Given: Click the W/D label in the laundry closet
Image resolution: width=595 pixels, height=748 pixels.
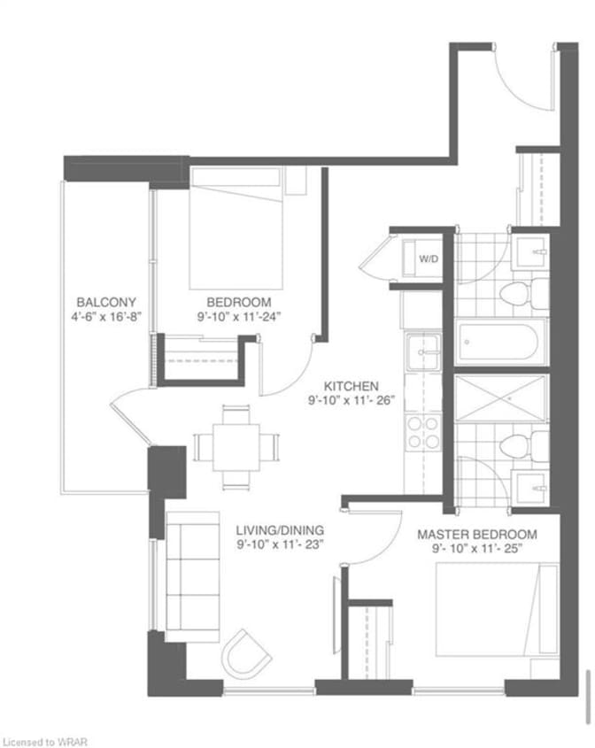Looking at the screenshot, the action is point(428,259).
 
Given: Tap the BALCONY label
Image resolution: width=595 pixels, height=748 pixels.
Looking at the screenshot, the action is point(106,302).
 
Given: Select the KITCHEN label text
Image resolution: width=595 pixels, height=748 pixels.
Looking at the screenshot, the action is point(352,385).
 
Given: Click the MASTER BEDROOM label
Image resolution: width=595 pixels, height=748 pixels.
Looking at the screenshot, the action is point(477,535).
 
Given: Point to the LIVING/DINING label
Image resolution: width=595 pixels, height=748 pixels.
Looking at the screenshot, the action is point(280,529).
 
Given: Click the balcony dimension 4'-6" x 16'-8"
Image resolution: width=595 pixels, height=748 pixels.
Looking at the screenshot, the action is point(106,316).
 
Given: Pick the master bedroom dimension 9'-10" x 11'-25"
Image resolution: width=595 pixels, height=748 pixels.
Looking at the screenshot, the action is point(477,549).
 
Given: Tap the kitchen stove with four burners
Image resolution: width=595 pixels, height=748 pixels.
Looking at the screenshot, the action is point(422,432).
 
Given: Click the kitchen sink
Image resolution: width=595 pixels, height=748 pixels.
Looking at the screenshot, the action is point(422,351).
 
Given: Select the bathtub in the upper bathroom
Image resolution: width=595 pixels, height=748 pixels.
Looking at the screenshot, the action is point(499,342).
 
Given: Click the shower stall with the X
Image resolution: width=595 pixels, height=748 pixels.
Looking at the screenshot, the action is point(499,397).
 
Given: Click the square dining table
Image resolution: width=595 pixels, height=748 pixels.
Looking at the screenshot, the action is point(236,447).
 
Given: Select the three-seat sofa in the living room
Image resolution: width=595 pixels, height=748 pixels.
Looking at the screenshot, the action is point(192,576).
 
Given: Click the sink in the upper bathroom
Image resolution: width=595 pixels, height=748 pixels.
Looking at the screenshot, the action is point(530,252).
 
